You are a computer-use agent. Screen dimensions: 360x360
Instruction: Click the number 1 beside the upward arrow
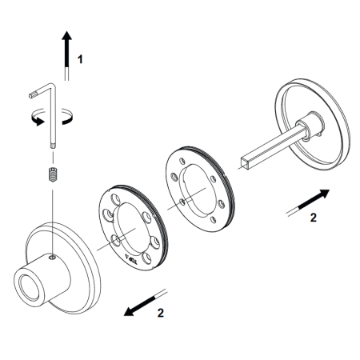(80, 59)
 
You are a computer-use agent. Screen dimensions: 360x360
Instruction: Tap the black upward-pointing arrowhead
(66, 36)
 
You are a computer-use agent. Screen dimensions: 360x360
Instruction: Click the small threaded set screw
(53, 174)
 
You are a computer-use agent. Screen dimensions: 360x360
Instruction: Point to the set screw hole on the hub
(53, 258)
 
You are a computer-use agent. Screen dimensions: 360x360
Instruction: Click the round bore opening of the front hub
(28, 288)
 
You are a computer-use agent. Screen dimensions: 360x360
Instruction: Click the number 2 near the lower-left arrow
(160, 313)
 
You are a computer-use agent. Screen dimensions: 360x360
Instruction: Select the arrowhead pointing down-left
(130, 311)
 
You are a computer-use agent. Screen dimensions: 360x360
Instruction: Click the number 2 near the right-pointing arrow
(314, 218)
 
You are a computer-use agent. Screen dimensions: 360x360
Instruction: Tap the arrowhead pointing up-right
(324, 194)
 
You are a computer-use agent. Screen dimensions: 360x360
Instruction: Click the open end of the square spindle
(245, 163)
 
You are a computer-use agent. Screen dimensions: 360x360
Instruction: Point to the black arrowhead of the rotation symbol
(39, 122)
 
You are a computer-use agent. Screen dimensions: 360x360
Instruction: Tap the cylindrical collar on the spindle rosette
(311, 125)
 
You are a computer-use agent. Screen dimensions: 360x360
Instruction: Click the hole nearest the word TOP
(146, 258)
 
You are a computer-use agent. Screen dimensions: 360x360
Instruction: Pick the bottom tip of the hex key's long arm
(53, 146)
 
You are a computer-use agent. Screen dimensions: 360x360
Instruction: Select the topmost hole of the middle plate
(182, 162)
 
